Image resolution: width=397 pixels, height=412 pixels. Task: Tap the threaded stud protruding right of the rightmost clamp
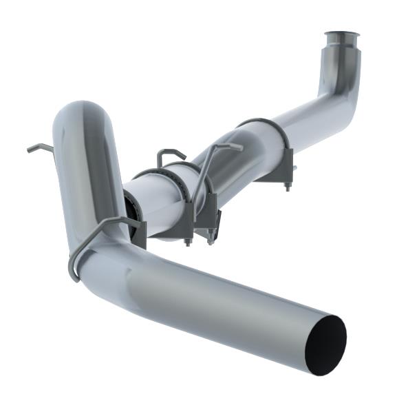point(294,167)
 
